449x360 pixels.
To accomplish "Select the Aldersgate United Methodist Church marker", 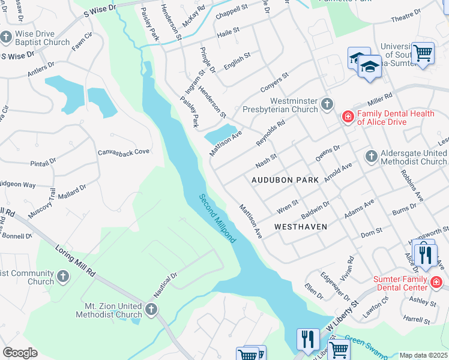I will tap(370, 157).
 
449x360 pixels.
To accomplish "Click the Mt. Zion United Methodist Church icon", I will tap(151, 310).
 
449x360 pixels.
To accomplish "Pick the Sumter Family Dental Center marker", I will tap(436, 281).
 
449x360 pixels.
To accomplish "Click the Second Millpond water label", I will tap(217, 217).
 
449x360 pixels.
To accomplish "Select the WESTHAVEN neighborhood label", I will tap(300, 227).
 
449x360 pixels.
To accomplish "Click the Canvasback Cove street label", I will tap(124, 152).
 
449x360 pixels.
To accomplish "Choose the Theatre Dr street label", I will tap(406, 19).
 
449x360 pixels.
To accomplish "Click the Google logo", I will tap(20, 353).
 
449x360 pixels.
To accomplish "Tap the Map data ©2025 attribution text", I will tap(423, 355).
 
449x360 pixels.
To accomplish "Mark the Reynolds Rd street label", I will tap(270, 131).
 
